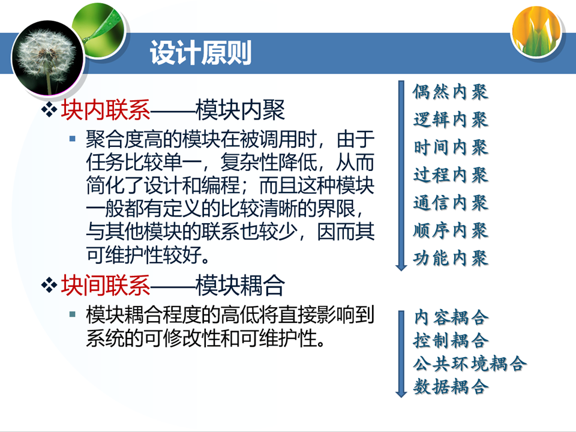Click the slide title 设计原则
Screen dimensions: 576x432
pos(200,53)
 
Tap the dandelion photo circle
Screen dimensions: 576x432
pos(48,58)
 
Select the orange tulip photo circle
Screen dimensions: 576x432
pos(536,32)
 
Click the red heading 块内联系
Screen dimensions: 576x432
pos(106,110)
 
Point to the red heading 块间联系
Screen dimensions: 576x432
pos(106,285)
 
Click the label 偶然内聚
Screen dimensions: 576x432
pos(451,91)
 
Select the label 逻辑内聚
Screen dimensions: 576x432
pos(451,119)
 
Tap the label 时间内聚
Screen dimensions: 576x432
pos(451,147)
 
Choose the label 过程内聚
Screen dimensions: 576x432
pos(451,175)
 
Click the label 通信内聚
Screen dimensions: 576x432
pos(451,202)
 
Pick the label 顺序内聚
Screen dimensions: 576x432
pos(451,230)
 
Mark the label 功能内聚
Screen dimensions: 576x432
pos(451,258)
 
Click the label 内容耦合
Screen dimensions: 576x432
pos(451,317)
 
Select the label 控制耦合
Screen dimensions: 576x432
pos(451,340)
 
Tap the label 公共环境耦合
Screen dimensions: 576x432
pos(470,364)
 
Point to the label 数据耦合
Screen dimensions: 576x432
pos(451,386)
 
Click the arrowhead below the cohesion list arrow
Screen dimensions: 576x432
pos(401,266)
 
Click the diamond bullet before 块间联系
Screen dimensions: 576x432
pos(49,286)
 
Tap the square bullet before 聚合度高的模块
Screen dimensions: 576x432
pos(73,139)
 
